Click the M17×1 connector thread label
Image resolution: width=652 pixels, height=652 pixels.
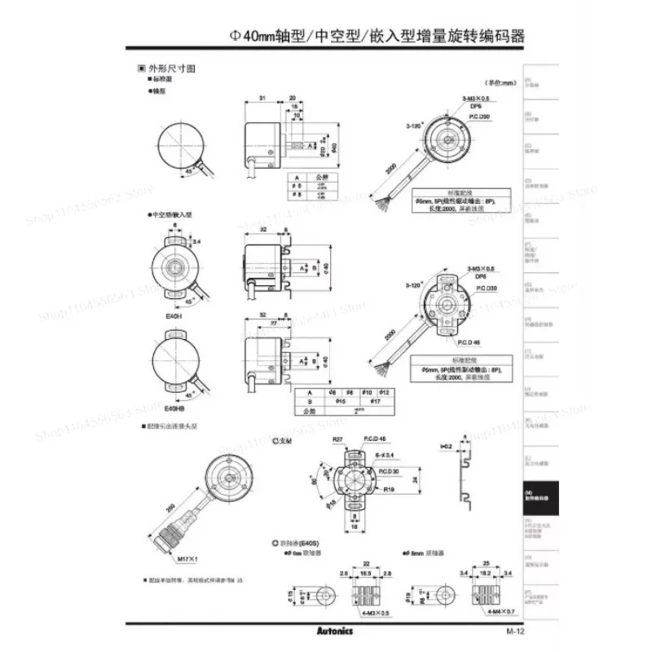(x=187, y=560)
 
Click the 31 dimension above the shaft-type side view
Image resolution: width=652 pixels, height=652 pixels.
(x=262, y=98)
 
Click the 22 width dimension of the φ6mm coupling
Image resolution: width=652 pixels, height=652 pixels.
(x=366, y=564)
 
